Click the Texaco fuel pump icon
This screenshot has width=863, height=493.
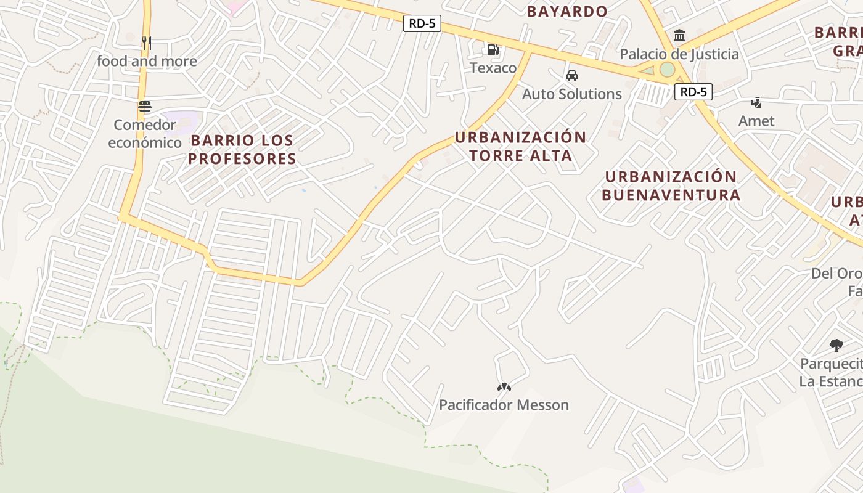[493, 49]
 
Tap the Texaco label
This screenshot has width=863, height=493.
[493, 68]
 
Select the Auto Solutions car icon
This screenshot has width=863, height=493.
[572, 76]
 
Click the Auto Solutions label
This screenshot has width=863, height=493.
[572, 94]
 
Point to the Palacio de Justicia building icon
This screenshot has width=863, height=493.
[679, 36]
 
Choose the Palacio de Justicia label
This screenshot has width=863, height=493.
[679, 54]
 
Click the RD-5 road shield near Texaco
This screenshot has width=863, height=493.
[422, 24]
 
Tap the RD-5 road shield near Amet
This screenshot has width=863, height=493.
[693, 92]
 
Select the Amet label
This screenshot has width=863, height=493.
[756, 121]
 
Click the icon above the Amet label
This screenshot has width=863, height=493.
[756, 102]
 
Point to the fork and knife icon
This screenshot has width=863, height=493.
[146, 43]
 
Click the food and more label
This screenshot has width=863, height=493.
[147, 61]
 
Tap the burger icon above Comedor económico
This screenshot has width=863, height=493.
[145, 107]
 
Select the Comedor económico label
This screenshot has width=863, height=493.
[145, 134]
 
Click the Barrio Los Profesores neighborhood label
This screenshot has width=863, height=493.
[242, 149]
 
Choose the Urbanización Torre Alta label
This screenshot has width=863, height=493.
[521, 146]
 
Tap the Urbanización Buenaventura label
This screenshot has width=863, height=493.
[671, 185]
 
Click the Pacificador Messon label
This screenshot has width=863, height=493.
[504, 405]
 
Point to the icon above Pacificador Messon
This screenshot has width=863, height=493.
[504, 387]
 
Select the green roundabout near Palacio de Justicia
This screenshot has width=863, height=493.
[667, 70]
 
